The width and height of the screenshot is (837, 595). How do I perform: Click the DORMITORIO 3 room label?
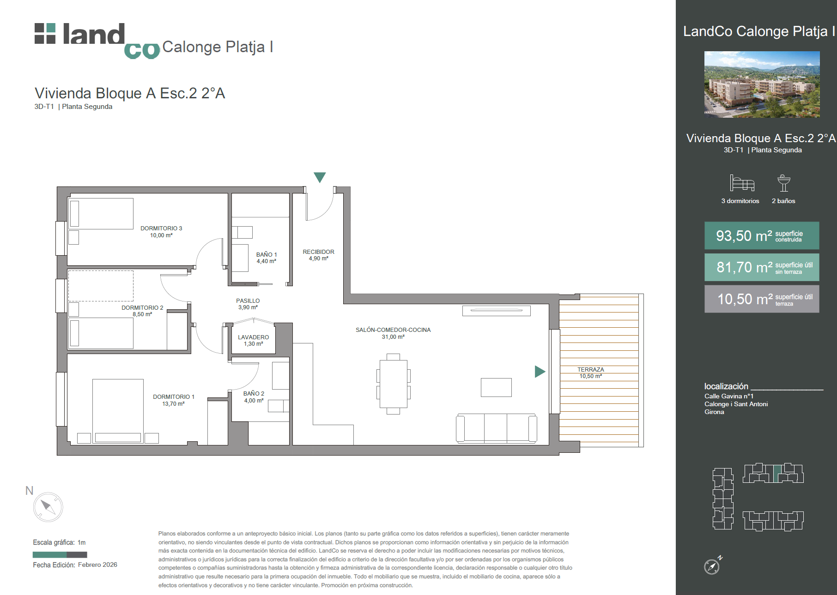[161, 228]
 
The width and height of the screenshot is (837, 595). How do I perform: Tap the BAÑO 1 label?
[267, 254]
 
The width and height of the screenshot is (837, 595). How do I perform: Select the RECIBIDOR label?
[318, 252]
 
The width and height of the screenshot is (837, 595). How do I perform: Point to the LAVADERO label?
[253, 337]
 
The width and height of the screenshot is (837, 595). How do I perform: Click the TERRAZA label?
[591, 369]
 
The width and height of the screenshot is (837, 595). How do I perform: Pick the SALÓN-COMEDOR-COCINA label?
[393, 330]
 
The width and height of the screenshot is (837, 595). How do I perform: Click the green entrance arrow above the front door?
[320, 177]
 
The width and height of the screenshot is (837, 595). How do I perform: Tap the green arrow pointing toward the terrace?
[540, 371]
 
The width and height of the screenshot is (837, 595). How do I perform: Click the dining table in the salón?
[393, 384]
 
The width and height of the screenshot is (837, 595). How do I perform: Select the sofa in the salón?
[497, 428]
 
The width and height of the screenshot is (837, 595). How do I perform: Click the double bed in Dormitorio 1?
[118, 411]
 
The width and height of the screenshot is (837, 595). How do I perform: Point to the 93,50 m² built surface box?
[762, 235]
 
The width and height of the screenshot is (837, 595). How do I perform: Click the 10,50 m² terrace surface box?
[762, 299]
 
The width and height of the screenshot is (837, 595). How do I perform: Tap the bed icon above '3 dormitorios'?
[742, 183]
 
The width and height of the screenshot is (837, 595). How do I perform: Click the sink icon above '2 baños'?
[784, 183]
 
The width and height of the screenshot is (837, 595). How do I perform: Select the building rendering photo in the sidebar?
[762, 84]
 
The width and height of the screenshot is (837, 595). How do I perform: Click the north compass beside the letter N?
[48, 507]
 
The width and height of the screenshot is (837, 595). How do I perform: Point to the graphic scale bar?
[60, 554]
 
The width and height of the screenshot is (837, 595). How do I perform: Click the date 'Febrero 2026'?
[97, 565]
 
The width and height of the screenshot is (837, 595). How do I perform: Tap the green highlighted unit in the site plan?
[777, 474]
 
